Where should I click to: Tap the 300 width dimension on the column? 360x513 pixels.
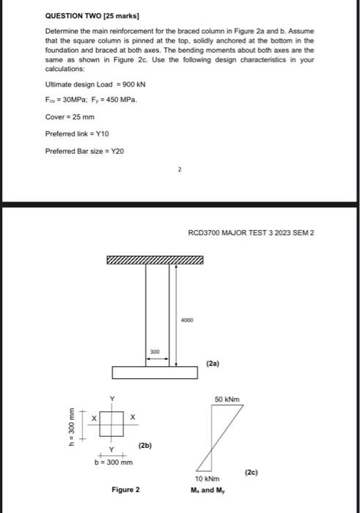tap(155, 353)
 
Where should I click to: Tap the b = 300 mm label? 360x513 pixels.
tap(113, 462)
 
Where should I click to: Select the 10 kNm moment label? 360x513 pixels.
tap(207, 477)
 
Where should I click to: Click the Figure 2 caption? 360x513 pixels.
tap(125, 489)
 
